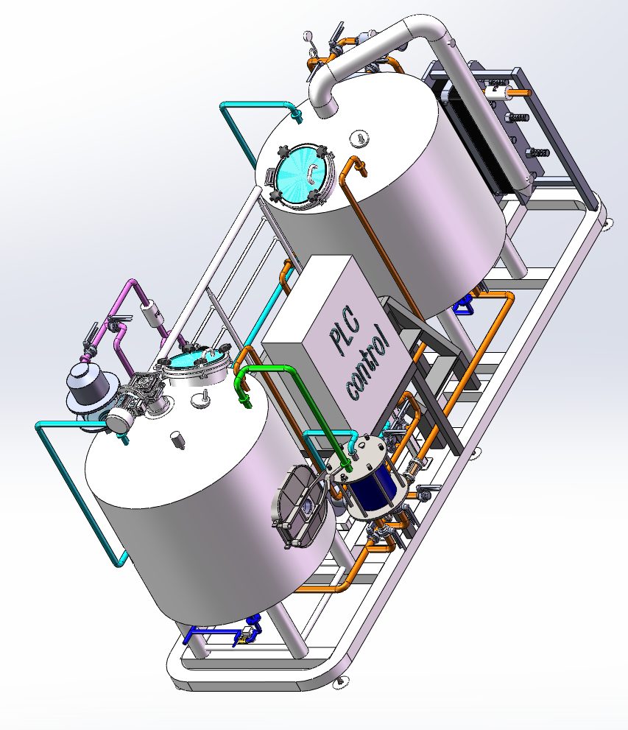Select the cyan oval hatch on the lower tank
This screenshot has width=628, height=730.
[196, 361]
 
